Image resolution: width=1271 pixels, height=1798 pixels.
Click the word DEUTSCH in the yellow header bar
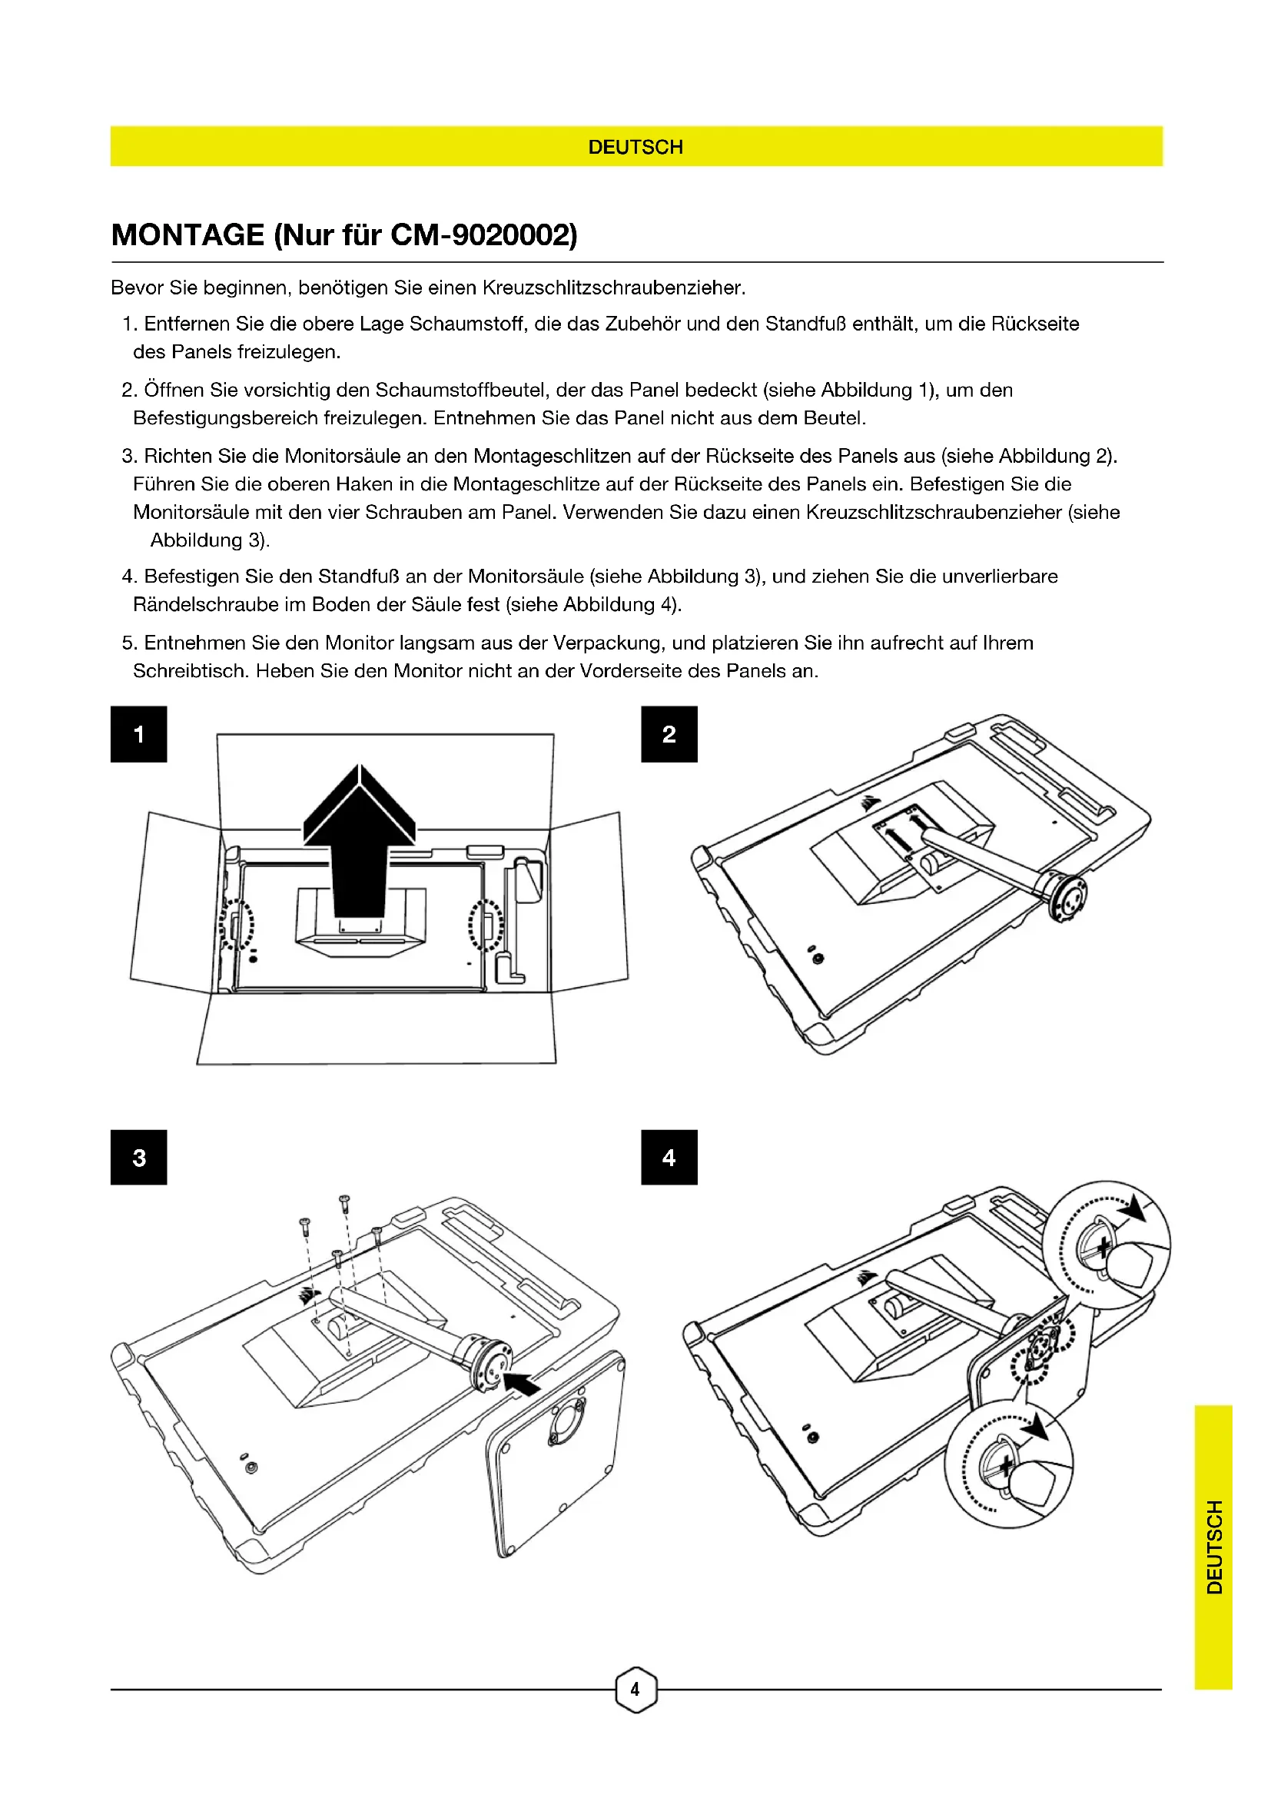click(635, 148)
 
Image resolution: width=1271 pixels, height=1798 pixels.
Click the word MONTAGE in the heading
click(187, 235)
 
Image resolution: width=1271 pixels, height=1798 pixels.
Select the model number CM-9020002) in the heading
click(483, 235)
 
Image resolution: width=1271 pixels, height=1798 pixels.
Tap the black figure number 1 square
click(138, 734)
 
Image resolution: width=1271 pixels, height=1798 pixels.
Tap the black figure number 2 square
click(669, 734)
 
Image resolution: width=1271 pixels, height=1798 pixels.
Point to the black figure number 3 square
click(138, 1158)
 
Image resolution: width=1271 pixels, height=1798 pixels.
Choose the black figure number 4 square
click(669, 1158)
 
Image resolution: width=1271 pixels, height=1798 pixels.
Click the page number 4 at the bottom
click(635, 1689)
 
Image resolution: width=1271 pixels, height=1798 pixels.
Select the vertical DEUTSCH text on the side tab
click(1214, 1547)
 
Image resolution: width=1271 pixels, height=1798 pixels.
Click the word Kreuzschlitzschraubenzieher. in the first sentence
click(613, 287)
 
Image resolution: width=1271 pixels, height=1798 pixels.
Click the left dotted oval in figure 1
click(237, 926)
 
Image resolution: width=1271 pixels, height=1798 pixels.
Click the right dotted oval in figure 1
click(486, 926)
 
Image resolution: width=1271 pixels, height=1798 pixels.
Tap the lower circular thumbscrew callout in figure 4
click(1009, 1464)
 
